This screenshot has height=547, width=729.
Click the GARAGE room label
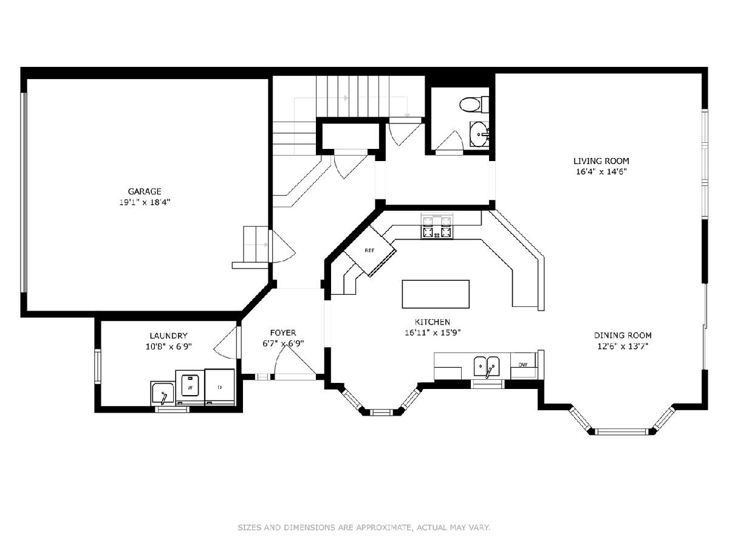click(145, 191)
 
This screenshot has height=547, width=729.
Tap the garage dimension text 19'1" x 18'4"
click(145, 202)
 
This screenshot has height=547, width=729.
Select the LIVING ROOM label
click(601, 161)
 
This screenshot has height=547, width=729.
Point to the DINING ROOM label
click(623, 335)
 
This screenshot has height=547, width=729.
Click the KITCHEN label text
click(433, 322)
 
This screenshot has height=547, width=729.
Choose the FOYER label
click(283, 333)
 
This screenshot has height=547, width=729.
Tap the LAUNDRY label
click(168, 335)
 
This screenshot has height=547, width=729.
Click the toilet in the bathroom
click(474, 104)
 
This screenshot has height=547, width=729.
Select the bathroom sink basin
click(479, 134)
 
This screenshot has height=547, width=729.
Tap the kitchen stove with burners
click(437, 226)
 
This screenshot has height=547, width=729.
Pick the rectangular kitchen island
click(436, 294)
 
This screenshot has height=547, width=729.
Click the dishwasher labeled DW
click(523, 365)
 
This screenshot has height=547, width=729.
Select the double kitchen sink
click(486, 366)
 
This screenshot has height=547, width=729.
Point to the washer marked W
click(190, 387)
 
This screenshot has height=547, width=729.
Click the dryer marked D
click(219, 387)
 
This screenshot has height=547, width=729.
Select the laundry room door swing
click(226, 343)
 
